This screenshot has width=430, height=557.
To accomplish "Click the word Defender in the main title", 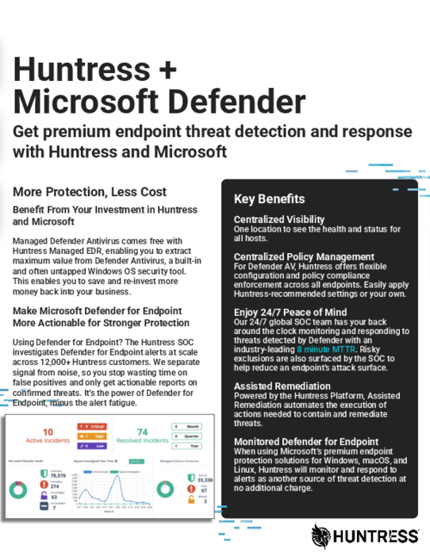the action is pyautogui.click(x=232, y=101).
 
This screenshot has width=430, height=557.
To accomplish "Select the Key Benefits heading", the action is pyautogui.click(x=269, y=199).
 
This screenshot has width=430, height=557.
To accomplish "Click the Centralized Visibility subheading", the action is pyautogui.click(x=279, y=220).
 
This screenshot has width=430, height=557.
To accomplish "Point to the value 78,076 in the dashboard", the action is pyautogui.click(x=58, y=476).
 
